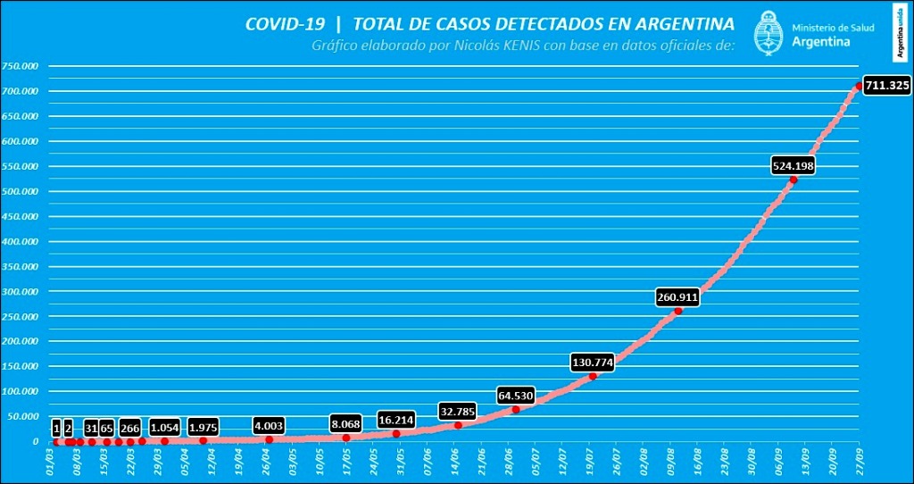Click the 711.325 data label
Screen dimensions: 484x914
tap(887, 86)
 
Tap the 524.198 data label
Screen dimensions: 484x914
tap(793, 165)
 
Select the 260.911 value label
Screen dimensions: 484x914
tap(677, 297)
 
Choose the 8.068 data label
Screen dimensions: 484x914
tap(346, 424)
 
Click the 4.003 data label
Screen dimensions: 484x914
tap(269, 427)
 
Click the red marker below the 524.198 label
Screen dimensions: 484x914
tap(794, 179)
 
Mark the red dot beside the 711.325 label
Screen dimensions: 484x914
tap(860, 86)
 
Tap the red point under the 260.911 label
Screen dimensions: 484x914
tap(678, 311)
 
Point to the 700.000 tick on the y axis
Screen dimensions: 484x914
tap(21, 91)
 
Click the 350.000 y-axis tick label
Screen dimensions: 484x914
tap(21, 266)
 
